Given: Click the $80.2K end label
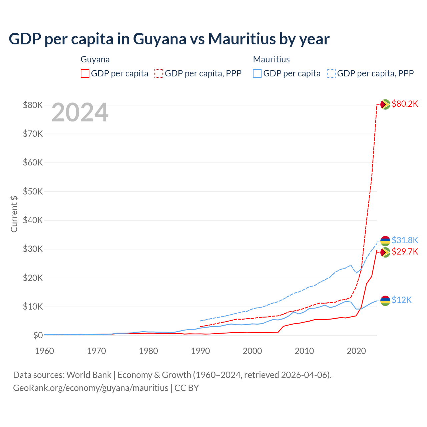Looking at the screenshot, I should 405,104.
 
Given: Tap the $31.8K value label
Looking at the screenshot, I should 405,240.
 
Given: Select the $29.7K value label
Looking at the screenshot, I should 405,252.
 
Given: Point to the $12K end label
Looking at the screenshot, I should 402,300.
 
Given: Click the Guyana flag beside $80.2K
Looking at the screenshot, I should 385,104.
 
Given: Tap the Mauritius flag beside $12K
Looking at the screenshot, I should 385,301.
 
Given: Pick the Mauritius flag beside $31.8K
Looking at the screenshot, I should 385,241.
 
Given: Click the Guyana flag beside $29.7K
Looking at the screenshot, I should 385,252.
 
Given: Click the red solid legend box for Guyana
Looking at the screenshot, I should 85,73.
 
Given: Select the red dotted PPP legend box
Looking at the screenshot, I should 159,73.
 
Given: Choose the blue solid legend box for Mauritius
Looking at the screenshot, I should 257,73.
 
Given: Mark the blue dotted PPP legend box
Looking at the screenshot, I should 331,73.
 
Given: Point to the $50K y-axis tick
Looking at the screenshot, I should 33,191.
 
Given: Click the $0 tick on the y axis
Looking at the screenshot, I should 38,335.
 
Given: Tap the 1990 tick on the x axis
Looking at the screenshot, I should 200,351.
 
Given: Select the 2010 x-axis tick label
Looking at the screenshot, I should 304,351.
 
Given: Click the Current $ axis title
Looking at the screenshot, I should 14,214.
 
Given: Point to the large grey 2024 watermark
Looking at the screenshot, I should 80,112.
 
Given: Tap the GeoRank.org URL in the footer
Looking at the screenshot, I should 91,388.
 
